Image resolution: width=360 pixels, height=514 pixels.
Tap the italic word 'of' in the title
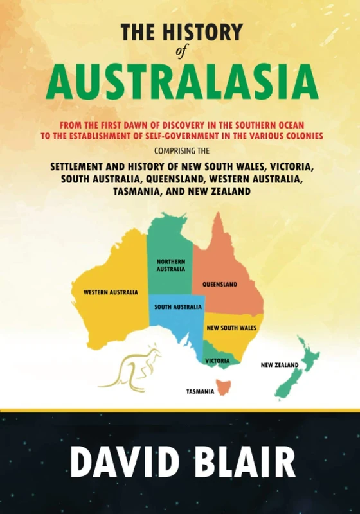click(180, 53)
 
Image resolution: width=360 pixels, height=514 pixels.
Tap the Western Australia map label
click(111, 292)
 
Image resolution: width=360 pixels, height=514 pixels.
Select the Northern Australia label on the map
click(170, 265)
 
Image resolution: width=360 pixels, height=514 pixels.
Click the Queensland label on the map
click(220, 284)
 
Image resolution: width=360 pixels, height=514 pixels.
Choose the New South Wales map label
click(231, 328)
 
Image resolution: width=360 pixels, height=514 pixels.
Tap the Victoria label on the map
click(217, 361)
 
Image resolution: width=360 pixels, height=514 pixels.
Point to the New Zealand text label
click(279, 365)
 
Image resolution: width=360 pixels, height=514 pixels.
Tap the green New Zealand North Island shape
click(307, 353)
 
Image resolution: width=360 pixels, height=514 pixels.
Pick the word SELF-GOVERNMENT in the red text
click(202, 136)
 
